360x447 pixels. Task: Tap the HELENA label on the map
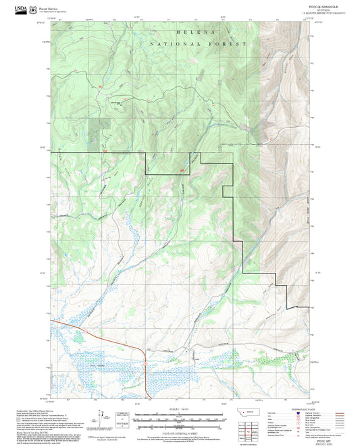195,32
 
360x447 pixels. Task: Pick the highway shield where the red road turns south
144,363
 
